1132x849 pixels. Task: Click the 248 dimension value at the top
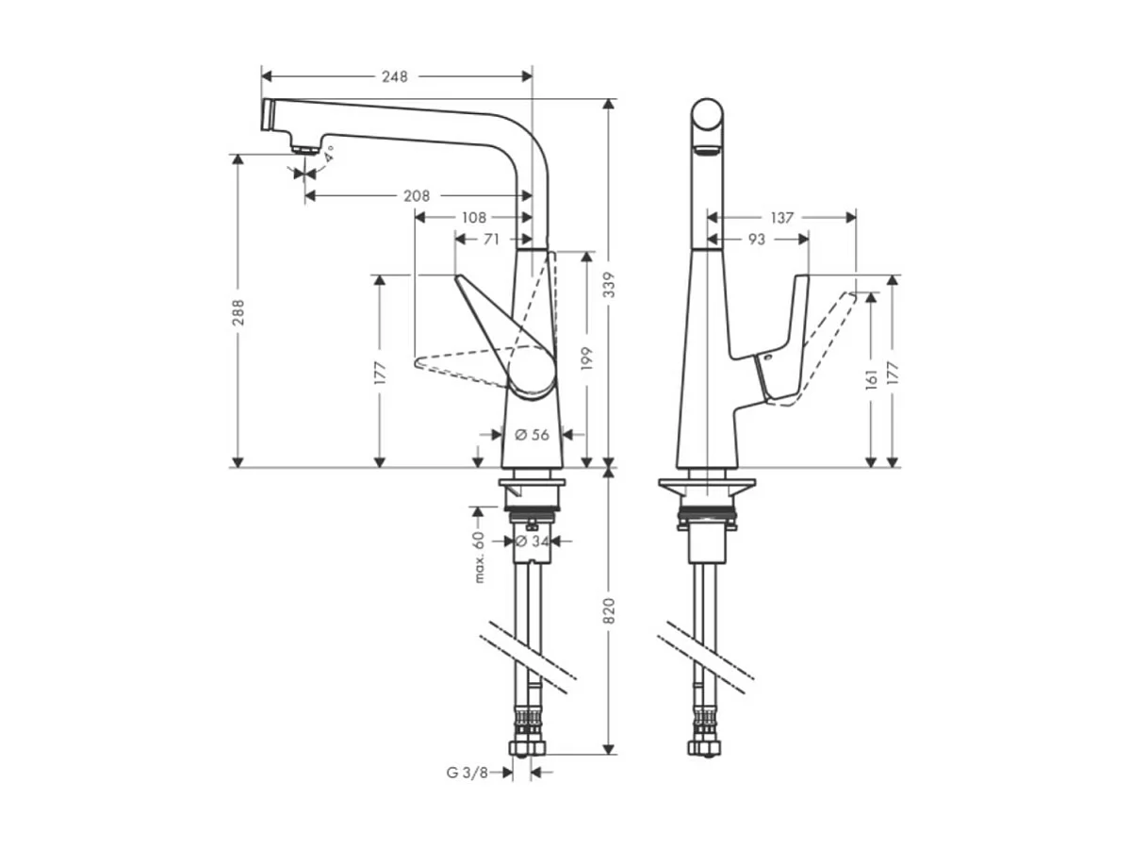tap(395, 76)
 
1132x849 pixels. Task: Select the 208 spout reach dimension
tap(416, 196)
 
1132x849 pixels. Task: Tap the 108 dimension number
tap(474, 217)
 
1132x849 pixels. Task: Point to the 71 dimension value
tap(491, 240)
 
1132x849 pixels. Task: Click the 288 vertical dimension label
tap(238, 311)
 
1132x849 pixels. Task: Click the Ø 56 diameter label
tap(532, 435)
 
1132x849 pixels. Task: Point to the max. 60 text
tap(479, 557)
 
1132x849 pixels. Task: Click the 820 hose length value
tap(609, 611)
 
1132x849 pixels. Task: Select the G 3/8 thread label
tap(468, 773)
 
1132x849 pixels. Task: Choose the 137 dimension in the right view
tap(781, 218)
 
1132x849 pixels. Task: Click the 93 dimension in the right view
tap(756, 240)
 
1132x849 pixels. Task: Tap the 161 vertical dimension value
tap(871, 378)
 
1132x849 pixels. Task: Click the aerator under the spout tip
tap(304, 147)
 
